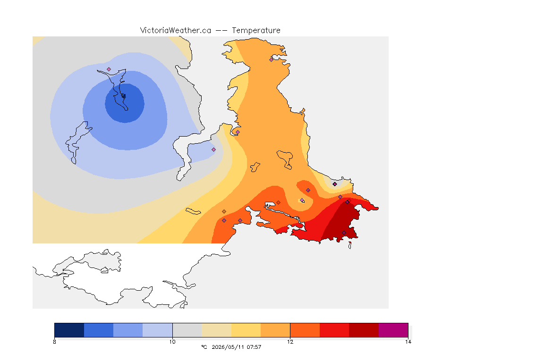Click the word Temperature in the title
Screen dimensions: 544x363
point(256,31)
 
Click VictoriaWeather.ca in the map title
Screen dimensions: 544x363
point(176,31)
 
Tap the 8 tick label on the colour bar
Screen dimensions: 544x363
point(54,342)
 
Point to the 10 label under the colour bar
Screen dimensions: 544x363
point(172,342)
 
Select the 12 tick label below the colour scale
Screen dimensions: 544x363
point(290,342)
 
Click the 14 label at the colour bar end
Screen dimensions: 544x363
point(408,342)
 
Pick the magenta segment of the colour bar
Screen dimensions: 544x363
point(393,330)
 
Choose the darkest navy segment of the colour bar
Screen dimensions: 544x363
point(69,330)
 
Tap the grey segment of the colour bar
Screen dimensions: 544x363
point(187,330)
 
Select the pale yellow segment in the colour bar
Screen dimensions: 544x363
point(246,330)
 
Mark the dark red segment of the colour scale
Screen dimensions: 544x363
point(364,330)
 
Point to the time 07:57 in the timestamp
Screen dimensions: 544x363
point(254,347)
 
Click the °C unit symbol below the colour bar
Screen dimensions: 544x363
point(204,347)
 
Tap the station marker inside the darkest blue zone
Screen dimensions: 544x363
point(124,96)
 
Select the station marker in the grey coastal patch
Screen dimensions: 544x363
point(335,184)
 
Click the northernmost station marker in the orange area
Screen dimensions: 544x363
point(272,60)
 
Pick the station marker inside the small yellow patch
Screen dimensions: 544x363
point(302,200)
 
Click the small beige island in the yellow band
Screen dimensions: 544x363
point(193,211)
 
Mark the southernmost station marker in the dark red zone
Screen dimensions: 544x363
point(344,233)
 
